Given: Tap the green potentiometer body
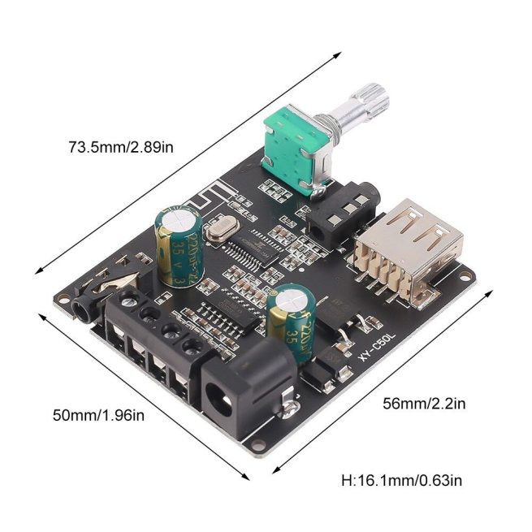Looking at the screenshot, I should [x=291, y=145].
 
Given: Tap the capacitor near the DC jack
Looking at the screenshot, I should [x=292, y=322].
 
